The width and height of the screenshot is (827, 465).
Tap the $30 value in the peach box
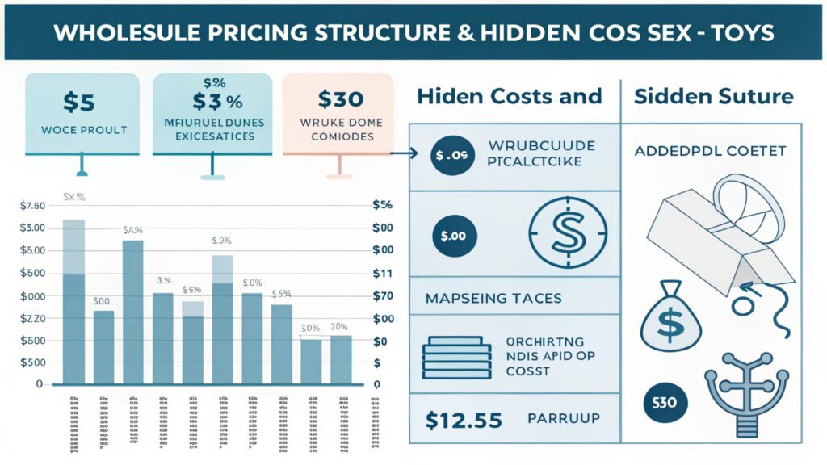pos(339,99)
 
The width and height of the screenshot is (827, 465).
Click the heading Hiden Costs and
pos(509,96)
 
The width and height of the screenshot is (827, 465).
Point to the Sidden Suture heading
pos(713,96)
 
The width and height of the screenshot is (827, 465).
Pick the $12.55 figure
pos(464,420)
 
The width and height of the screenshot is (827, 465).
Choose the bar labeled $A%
pos(132,311)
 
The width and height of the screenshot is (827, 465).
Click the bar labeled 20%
pos(341,359)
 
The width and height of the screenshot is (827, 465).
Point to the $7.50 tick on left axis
pos(32,206)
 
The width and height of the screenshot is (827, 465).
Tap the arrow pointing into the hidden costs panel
pos(404,153)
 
